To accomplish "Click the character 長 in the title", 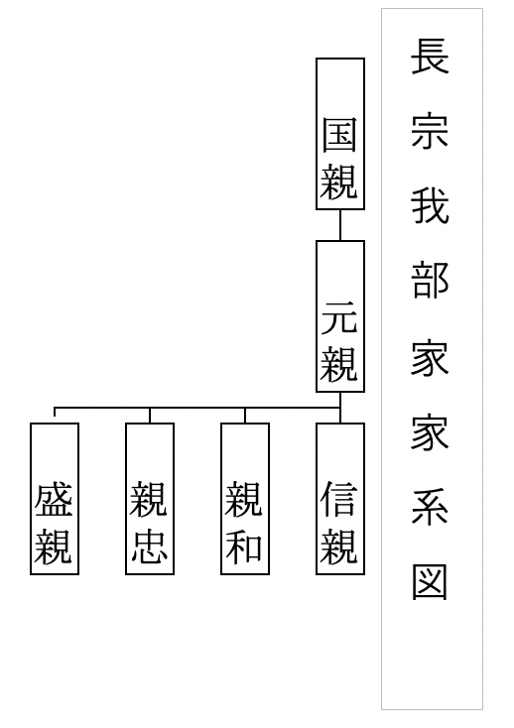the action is click(x=430, y=57).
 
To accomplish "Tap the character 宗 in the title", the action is click(x=430, y=131).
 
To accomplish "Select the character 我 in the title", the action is click(x=430, y=205).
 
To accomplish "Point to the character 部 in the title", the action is click(x=430, y=281).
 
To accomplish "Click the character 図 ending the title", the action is click(x=430, y=582).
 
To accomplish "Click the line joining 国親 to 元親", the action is click(x=340, y=225).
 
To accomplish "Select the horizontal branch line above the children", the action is click(x=197, y=408).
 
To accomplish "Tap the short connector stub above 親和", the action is click(x=245, y=416).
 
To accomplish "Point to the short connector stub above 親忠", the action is click(x=150, y=416).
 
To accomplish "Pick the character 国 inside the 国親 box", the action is click(x=339, y=135).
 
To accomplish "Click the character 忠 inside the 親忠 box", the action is click(x=150, y=546).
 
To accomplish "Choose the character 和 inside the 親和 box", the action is click(x=244, y=546).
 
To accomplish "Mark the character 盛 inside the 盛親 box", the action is click(x=54, y=500).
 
